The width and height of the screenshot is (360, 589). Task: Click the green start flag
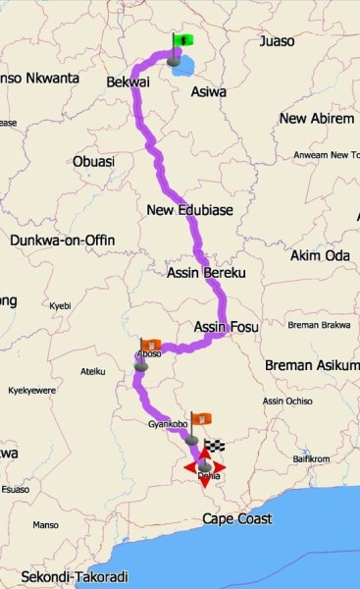pos(182,40)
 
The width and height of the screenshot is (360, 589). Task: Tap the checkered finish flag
pos(215,447)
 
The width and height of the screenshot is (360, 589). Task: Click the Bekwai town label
pos(126,85)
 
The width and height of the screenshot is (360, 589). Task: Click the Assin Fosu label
pos(227,327)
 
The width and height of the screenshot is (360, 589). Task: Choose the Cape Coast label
pos(236,518)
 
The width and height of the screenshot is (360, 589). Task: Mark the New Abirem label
pos(316,119)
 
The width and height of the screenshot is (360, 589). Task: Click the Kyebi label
pos(61,306)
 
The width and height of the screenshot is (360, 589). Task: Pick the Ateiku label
pos(92,371)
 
